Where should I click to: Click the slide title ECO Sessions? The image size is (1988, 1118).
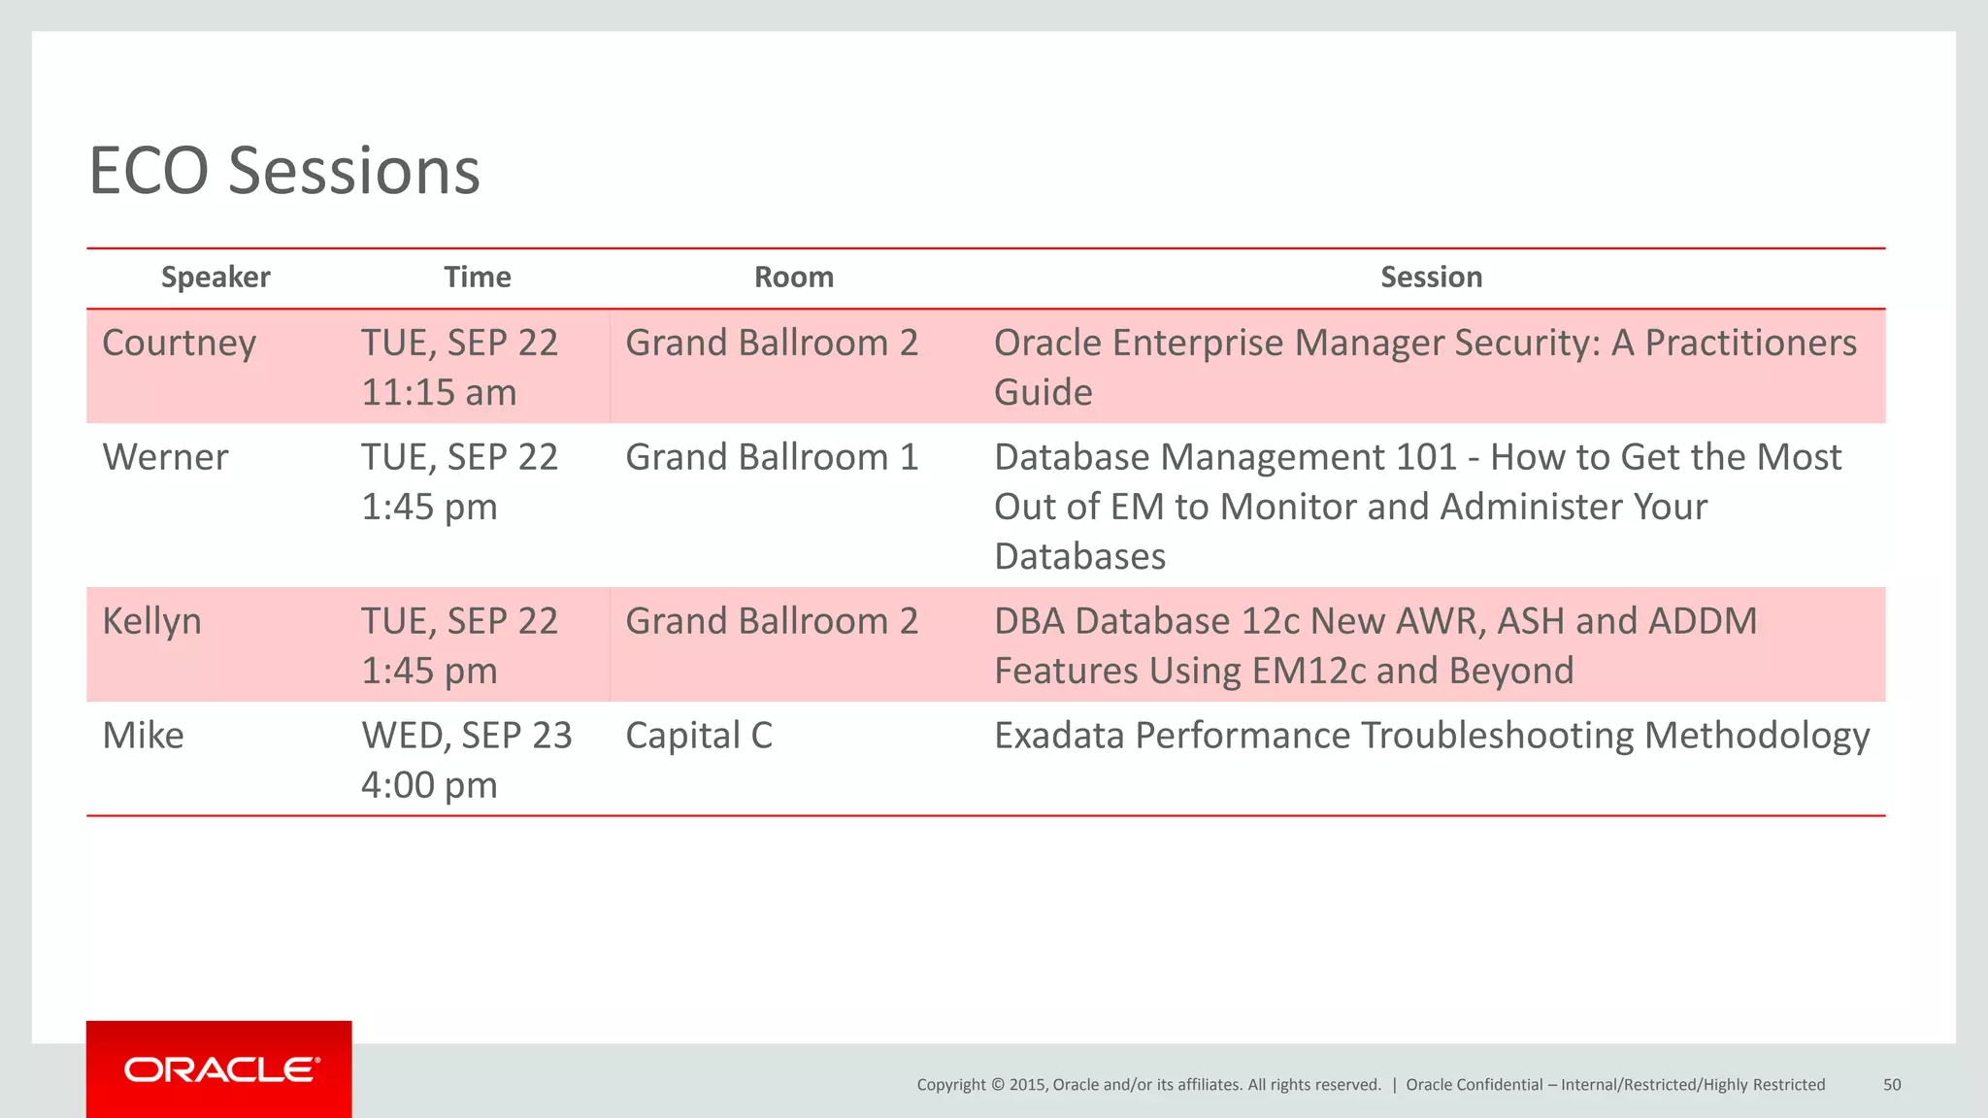[x=284, y=171]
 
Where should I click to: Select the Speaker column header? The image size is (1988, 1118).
[x=215, y=278]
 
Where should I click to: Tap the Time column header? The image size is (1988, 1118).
[x=477, y=278]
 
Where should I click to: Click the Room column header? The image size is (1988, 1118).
[x=794, y=278]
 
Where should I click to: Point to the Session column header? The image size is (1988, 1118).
[x=1431, y=278]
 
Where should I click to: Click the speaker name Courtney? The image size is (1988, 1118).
[x=180, y=344]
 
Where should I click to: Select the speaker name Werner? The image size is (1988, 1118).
[x=165, y=458]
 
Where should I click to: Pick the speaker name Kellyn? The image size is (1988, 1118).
[x=152, y=622]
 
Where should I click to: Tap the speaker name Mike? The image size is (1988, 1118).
[x=143, y=736]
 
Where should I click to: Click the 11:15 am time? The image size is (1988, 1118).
[x=439, y=393]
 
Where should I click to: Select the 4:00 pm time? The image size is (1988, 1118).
[x=429, y=785]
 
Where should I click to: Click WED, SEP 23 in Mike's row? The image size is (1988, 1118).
[x=467, y=736]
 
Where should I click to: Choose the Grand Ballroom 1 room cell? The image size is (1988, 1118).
[x=772, y=458]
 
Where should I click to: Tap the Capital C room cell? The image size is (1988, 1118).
[x=699, y=736]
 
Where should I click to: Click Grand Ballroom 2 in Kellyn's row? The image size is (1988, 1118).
[x=772, y=622]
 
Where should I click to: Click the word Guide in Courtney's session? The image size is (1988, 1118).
[x=1044, y=393]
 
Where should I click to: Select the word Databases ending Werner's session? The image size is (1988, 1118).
[x=1079, y=557]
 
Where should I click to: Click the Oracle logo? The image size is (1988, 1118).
[x=220, y=1069]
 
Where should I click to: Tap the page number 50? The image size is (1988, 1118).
[x=1892, y=1085]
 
